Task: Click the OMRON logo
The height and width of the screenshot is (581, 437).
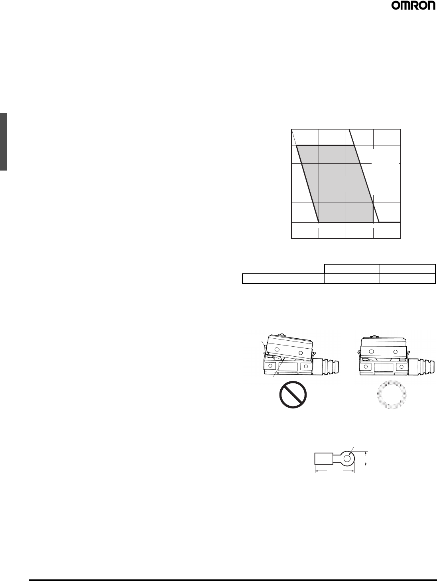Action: pyautogui.click(x=413, y=6)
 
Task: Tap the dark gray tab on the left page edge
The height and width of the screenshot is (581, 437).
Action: pyautogui.click(x=4, y=142)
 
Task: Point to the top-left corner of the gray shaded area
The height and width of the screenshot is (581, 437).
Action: pyautogui.click(x=296, y=145)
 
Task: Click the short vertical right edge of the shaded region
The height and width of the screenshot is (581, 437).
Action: pyautogui.click(x=373, y=213)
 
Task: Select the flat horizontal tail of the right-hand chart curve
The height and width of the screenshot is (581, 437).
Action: pyautogui.click(x=389, y=222)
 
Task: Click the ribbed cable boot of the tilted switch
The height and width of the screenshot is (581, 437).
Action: pyautogui.click(x=326, y=366)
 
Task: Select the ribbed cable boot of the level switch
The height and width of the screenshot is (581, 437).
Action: pyautogui.click(x=421, y=366)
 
